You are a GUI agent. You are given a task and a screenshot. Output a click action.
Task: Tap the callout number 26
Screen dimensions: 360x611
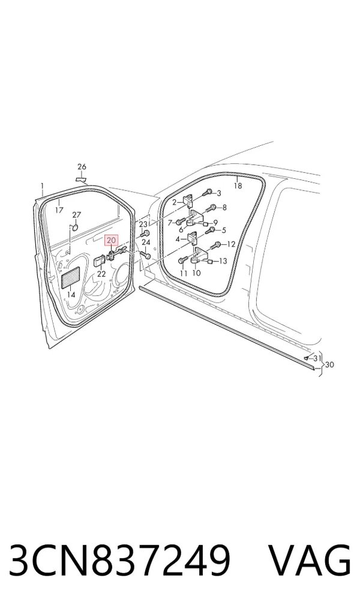point(82,167)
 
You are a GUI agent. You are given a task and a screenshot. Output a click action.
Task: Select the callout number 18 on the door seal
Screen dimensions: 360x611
point(238,186)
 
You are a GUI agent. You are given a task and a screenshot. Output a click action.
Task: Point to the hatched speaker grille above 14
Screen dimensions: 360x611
point(71,277)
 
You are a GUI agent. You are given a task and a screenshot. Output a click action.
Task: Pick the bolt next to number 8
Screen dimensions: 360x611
point(212,208)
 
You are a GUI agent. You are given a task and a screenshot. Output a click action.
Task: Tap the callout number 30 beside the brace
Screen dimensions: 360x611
point(329,365)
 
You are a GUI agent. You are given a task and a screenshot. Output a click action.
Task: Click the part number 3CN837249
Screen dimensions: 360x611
point(119,561)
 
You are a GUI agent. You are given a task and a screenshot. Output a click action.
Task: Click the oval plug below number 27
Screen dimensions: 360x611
point(75,227)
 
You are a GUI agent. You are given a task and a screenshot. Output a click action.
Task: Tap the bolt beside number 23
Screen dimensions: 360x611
point(145,234)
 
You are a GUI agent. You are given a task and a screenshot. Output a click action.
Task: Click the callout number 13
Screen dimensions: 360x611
point(223,261)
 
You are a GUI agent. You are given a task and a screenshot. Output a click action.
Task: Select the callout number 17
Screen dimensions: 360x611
point(59,211)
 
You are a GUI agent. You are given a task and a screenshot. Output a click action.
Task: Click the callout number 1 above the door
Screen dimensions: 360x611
point(42,187)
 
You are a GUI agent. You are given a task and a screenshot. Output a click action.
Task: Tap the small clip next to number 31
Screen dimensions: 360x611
point(307,357)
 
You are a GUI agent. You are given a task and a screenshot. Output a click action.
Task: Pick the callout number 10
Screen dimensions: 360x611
point(196,273)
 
